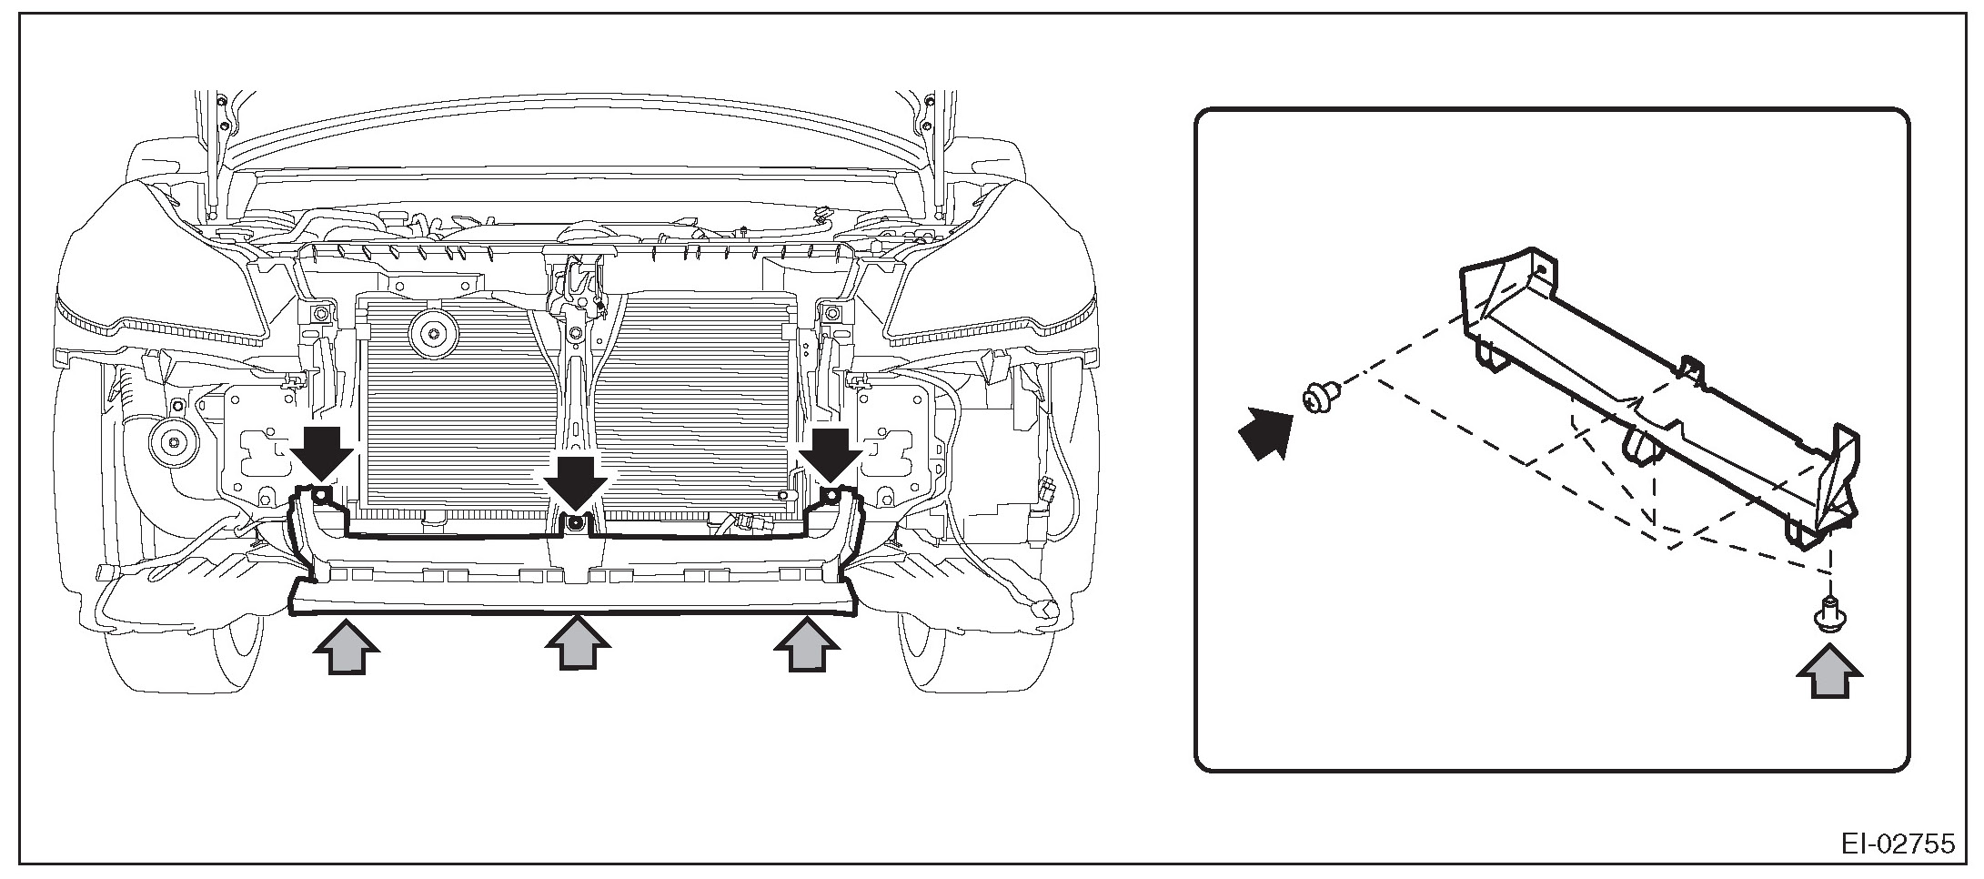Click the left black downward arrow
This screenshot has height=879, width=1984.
click(322, 453)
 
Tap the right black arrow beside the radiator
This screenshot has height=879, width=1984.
click(830, 453)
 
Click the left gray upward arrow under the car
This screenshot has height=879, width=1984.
click(345, 645)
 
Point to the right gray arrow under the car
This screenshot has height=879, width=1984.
click(806, 645)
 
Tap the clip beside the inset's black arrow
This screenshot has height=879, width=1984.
click(1317, 397)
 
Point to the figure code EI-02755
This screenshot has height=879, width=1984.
click(1896, 843)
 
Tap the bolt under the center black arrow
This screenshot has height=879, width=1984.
click(575, 522)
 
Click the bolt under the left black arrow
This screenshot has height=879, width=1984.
click(321, 495)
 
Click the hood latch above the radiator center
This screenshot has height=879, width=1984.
click(577, 282)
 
